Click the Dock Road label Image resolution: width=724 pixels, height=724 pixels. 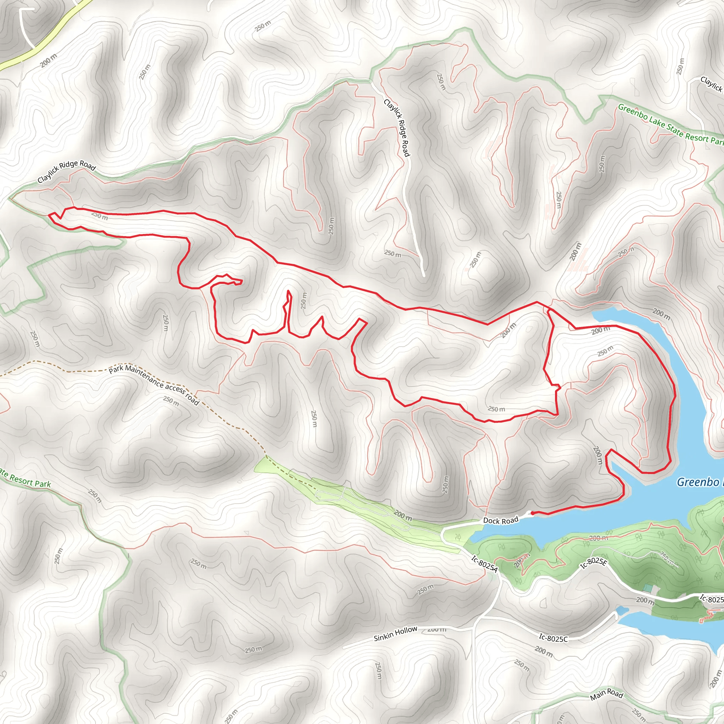pos(501,520)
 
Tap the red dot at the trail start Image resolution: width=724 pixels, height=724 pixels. pos(532,513)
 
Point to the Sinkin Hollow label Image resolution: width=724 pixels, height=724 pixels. pos(395,633)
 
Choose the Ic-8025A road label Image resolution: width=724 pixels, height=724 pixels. pos(485,564)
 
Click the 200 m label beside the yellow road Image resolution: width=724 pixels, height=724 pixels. pos(49,61)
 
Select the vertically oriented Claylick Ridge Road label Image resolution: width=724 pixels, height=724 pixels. pos(397,128)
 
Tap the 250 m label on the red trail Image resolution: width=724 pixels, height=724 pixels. pos(100,216)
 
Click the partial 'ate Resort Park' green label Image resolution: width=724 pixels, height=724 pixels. pos(25,478)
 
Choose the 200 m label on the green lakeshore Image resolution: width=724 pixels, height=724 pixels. pos(598,538)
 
